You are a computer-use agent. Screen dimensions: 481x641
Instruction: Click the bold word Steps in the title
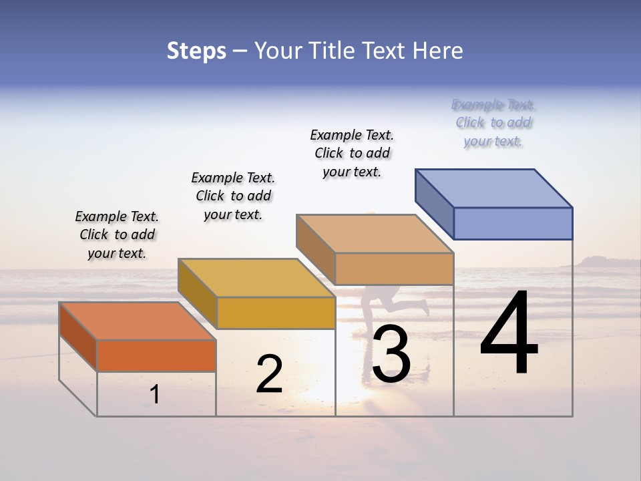coord(196,51)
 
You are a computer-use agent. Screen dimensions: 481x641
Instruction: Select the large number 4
coord(509,334)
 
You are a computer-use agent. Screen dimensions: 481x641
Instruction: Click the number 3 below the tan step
coord(391,354)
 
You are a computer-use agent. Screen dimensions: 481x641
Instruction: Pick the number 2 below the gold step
coord(269,374)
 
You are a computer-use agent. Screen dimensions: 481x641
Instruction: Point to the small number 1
coord(155,394)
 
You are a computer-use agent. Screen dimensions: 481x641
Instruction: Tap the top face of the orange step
coord(137,321)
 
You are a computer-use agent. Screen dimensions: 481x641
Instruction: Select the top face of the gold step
coord(256,278)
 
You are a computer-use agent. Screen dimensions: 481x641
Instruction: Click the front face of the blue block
coord(513,223)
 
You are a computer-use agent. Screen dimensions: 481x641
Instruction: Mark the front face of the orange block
coord(156,355)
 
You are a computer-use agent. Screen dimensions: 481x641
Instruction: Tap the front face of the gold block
coord(276,313)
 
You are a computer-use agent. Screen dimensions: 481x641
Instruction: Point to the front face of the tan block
coord(394,269)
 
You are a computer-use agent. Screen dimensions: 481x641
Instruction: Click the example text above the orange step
coord(117,234)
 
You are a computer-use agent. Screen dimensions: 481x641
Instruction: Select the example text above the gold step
coord(233,196)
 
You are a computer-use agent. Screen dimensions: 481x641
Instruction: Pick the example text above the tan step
coord(352,153)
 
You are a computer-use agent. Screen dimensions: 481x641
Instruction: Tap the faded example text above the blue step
coord(493,123)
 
